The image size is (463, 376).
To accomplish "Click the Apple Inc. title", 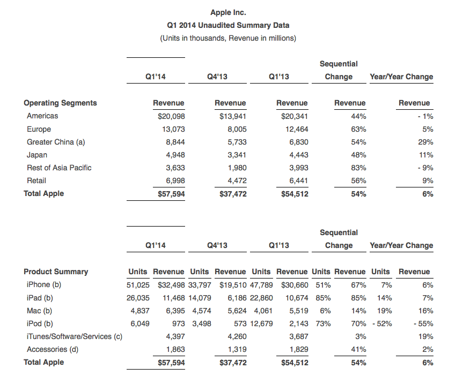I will [228, 12].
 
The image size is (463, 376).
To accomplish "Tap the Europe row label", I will [39, 129].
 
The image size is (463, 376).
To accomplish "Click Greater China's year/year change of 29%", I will [426, 142].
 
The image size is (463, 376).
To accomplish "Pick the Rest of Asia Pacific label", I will [59, 168].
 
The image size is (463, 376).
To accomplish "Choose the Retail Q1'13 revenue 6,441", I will [297, 181].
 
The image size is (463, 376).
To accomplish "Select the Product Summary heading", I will [56, 272].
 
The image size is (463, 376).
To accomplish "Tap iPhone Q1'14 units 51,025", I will [138, 284].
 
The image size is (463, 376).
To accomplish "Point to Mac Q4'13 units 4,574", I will [200, 311].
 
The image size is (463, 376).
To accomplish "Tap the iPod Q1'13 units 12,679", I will [261, 324].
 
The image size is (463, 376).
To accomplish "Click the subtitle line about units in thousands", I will [228, 38].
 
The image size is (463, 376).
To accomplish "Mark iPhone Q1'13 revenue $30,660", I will [292, 284].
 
